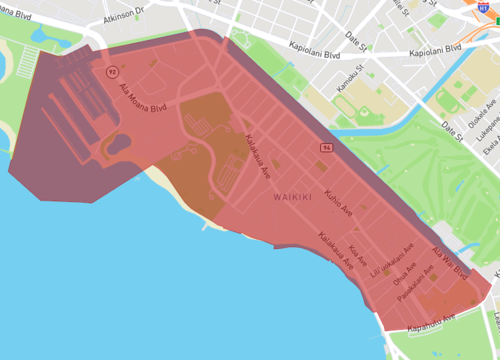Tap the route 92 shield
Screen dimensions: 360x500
pos(110,71)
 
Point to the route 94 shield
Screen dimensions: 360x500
pos(325,148)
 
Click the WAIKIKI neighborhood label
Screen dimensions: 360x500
pos(294,198)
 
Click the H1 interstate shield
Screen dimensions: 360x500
pos(488,6)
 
